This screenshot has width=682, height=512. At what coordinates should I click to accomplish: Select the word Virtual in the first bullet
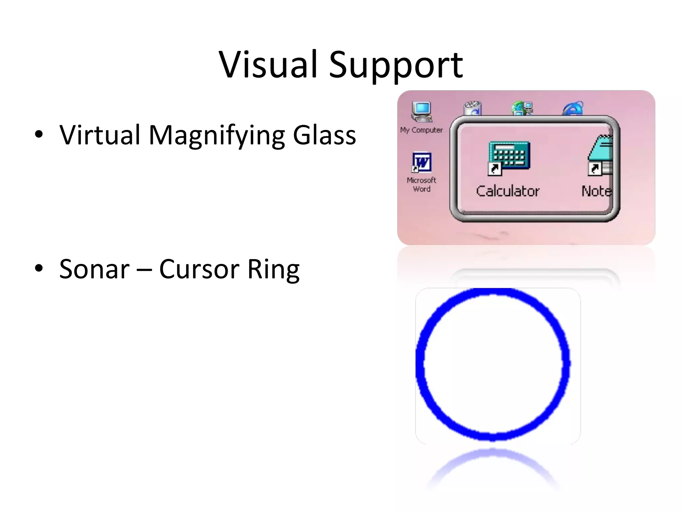pos(100,135)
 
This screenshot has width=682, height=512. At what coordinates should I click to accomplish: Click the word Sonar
pos(94,269)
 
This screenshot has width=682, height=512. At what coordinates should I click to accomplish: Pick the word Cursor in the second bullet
pos(199,269)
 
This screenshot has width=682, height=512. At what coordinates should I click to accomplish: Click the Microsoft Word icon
pos(422,163)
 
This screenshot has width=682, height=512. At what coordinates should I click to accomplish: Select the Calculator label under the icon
pos(508,191)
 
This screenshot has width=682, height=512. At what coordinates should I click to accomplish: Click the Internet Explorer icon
pos(573,109)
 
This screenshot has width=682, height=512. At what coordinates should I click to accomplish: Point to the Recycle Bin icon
pos(473,108)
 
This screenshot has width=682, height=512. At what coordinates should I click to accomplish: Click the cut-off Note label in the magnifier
pos(596,191)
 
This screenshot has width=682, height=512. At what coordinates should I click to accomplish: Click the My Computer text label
pos(422,130)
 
